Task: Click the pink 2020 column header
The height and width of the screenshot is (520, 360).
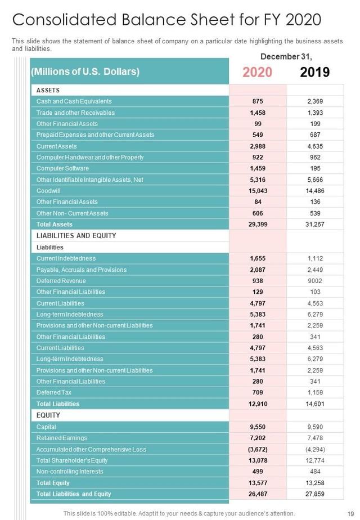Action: (258, 72)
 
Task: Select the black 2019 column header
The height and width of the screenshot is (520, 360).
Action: (315, 72)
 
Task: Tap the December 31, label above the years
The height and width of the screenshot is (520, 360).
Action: (286, 56)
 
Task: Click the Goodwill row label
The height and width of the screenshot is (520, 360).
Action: (49, 191)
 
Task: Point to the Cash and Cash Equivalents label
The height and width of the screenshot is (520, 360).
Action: (74, 101)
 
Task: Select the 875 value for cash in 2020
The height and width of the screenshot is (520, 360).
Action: (258, 101)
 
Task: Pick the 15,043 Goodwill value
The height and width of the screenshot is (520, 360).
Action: (258, 191)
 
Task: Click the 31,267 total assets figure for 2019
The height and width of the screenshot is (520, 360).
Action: (315, 225)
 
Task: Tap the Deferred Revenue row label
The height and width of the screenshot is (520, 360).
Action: (61, 281)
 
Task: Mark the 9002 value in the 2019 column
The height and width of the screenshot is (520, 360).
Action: (315, 281)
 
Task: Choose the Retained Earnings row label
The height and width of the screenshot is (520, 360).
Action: (61, 437)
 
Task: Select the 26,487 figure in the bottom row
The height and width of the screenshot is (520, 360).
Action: (258, 494)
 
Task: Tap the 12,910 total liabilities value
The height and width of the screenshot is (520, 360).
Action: (258, 404)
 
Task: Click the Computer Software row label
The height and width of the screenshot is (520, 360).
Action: (62, 168)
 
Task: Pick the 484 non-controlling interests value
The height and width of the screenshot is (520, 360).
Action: (315, 471)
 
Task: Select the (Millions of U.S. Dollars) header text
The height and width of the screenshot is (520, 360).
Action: (85, 72)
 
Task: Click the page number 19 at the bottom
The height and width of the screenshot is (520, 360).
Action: (350, 513)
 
